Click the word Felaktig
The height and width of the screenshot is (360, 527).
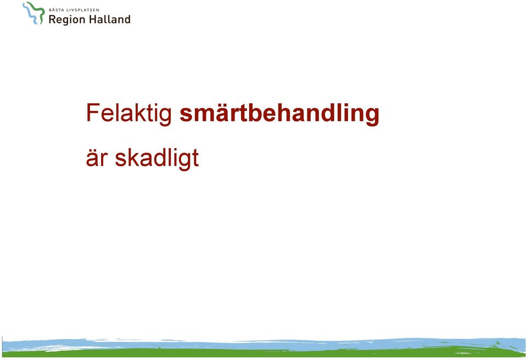click(x=129, y=114)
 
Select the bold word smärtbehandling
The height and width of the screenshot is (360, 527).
click(x=279, y=114)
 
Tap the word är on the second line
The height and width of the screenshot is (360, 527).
click(x=97, y=157)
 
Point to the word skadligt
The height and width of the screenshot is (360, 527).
click(x=157, y=159)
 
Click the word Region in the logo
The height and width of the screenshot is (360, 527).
click(x=67, y=20)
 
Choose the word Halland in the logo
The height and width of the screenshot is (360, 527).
click(x=110, y=19)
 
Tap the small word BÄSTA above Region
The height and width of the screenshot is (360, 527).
click(x=57, y=10)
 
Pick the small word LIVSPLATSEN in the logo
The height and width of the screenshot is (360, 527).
click(x=83, y=10)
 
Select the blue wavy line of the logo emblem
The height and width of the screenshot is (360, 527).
click(x=30, y=14)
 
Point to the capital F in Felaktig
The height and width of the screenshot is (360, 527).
click(x=92, y=113)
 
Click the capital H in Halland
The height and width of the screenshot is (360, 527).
click(x=94, y=19)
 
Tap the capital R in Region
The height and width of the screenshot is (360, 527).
click(x=53, y=19)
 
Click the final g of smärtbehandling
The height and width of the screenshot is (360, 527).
click(x=372, y=117)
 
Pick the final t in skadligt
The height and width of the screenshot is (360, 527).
click(x=195, y=158)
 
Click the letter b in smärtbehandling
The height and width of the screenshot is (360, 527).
click(x=255, y=113)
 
